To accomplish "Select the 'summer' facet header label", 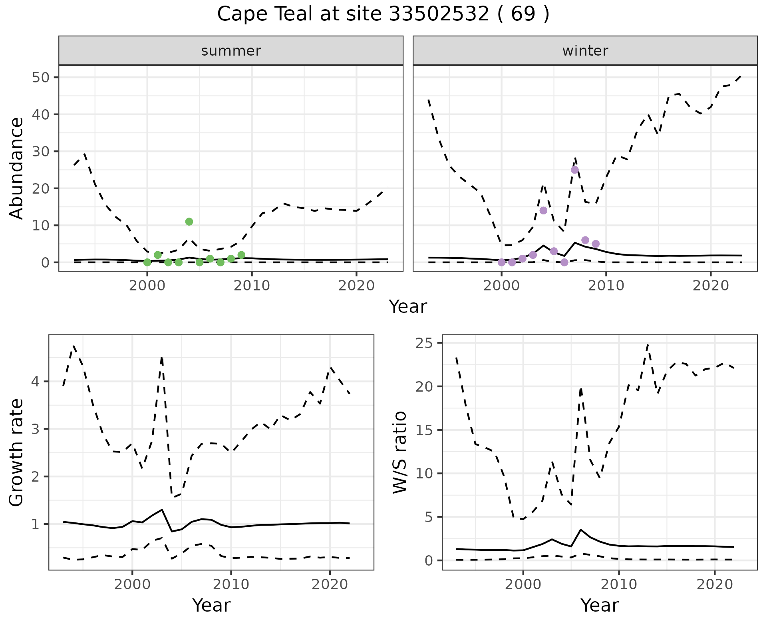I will point(231,51).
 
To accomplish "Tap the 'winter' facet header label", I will point(585,51).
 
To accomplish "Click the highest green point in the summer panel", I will point(189,222).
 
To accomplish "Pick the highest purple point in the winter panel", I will point(574,170).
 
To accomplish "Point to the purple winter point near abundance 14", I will point(543,210).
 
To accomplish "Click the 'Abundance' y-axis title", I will point(17,168).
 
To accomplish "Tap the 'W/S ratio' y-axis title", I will point(400,452).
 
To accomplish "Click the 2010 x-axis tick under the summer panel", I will point(252,286).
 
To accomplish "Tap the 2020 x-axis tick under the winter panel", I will point(710,286).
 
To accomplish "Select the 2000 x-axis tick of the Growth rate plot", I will point(132,584).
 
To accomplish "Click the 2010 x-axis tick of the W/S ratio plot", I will point(619,584).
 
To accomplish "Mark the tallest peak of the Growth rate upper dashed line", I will point(74,345).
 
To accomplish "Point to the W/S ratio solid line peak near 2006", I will point(581,530).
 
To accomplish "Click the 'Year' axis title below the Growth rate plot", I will point(211,605).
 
